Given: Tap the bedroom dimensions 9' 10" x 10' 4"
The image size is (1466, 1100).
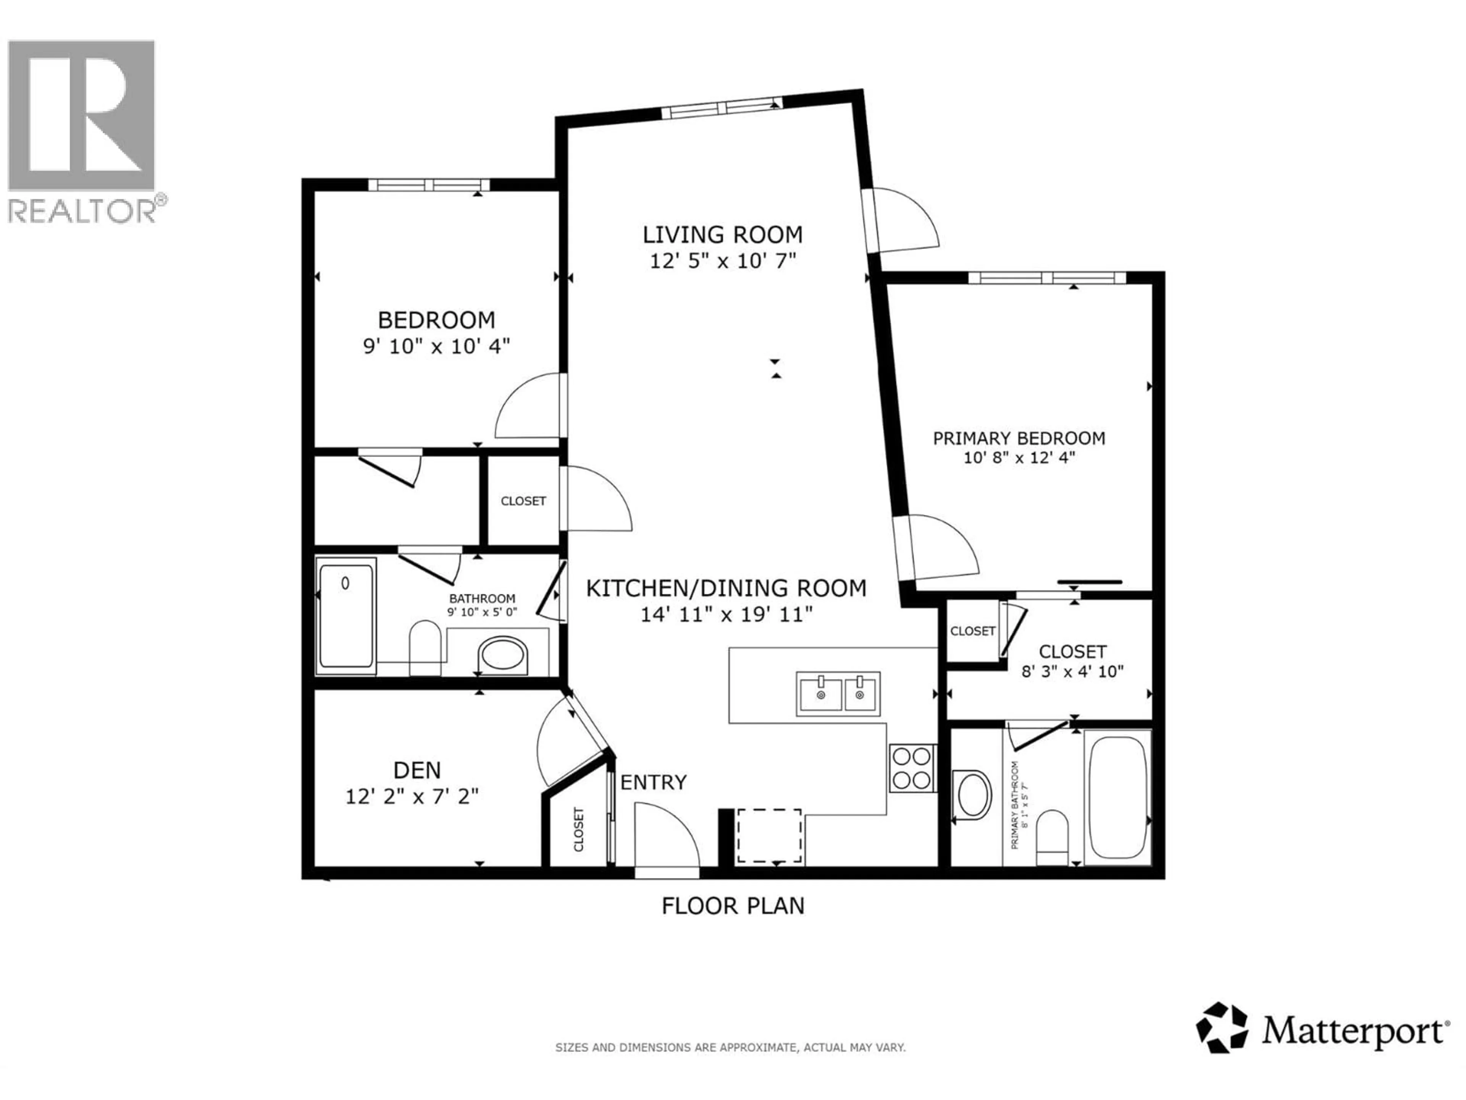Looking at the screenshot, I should [x=436, y=346].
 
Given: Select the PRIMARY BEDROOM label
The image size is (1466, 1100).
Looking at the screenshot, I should [x=1019, y=438].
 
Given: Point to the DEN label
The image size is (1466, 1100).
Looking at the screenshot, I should [x=417, y=770].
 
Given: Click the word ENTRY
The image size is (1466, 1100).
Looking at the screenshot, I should [x=653, y=782].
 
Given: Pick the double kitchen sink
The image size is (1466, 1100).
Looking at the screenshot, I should [x=839, y=694].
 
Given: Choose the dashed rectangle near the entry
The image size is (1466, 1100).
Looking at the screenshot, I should [x=769, y=835].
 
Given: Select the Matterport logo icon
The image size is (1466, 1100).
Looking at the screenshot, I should [x=1221, y=1046].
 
